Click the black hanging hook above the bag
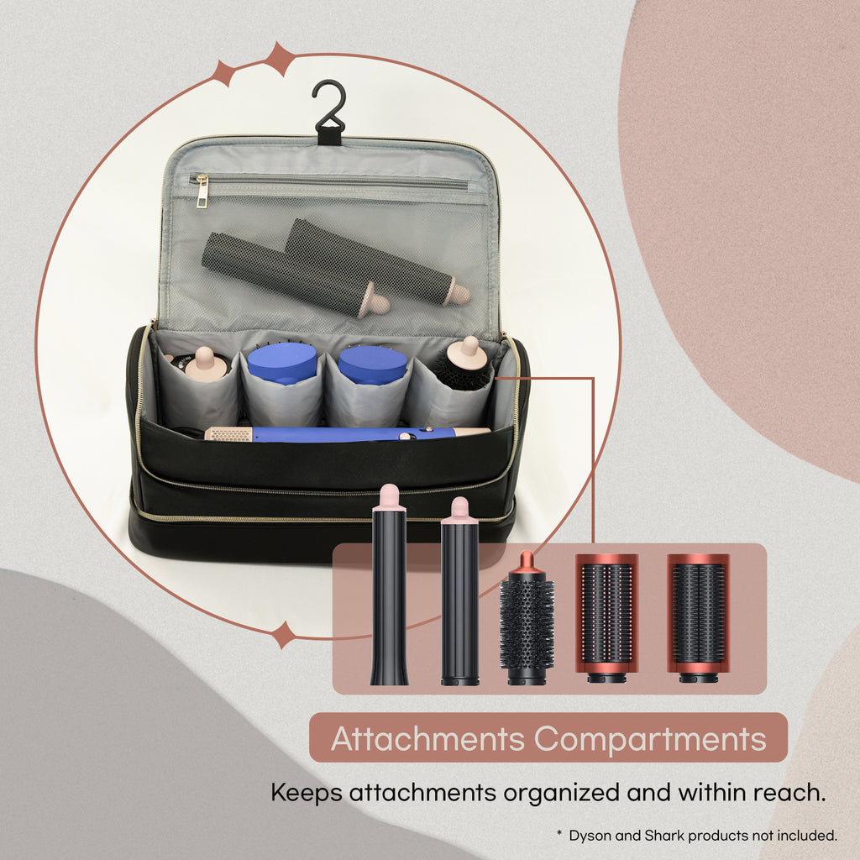point(329,109)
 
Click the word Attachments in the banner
point(428,738)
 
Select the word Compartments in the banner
point(650,738)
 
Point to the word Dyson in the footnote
point(591,836)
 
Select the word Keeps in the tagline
point(307,792)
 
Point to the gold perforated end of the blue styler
point(228,434)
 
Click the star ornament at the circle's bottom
point(284,634)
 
